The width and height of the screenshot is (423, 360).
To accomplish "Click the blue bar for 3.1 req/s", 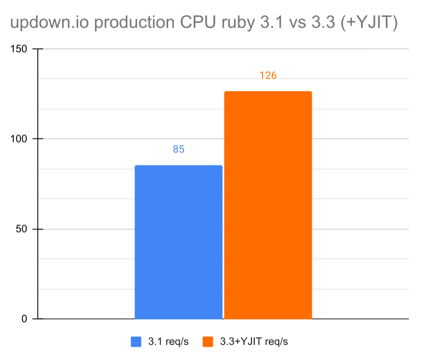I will click(178, 242).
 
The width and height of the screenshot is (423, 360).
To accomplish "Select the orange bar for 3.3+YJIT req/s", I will click(268, 205).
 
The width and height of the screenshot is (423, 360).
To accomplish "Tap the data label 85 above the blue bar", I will click(178, 150).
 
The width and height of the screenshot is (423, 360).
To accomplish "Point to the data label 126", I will click(268, 75).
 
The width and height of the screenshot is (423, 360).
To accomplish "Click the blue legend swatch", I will click(136, 341).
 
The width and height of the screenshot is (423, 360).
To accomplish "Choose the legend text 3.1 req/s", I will click(168, 341).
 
